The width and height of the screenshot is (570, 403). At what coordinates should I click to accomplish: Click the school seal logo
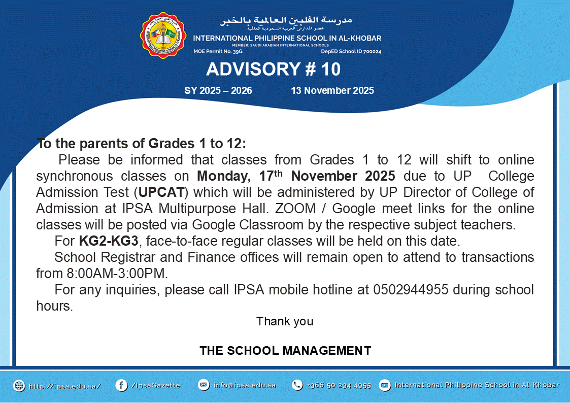163,35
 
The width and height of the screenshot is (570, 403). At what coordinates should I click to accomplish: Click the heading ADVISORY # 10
274,69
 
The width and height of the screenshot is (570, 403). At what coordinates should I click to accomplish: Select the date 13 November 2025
332,90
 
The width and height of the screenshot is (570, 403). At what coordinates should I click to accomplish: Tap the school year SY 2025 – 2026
218,90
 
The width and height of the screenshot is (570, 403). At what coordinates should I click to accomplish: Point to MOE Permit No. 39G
218,52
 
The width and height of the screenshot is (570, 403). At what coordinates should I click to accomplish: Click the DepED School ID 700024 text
351,52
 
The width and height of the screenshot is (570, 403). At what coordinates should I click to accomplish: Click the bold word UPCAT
161,192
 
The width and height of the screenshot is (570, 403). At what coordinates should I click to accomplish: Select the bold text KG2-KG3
109,241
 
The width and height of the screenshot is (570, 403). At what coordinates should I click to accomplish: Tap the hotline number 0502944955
411,290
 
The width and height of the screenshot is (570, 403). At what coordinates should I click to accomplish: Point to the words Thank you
285,321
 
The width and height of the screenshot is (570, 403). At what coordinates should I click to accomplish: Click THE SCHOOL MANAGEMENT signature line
285,351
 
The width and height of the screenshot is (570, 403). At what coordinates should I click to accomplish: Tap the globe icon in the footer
19,386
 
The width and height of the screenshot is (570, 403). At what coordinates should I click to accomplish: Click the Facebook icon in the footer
121,385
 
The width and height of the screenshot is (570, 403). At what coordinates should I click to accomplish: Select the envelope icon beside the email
204,385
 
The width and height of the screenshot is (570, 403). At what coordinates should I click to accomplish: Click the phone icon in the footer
297,385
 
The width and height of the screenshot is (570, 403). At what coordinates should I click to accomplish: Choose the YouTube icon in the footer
385,385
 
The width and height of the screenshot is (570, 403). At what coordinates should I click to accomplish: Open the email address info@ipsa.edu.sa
245,385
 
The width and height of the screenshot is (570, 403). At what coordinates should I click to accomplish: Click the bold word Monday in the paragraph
222,176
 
